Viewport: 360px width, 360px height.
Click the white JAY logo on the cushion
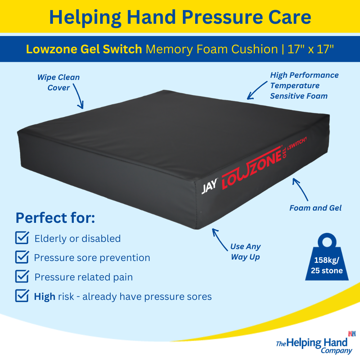(209, 186)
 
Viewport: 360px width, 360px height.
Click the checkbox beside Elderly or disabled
(22, 238)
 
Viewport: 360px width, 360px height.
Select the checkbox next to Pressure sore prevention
(22, 257)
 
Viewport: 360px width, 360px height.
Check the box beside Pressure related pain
(22, 276)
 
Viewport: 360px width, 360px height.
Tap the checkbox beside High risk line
(22, 296)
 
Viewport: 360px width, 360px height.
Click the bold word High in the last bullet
(45, 297)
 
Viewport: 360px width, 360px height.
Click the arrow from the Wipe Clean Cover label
(78, 96)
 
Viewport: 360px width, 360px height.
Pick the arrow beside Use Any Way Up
(219, 239)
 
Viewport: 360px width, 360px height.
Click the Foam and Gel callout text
(315, 208)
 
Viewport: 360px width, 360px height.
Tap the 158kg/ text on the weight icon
(327, 260)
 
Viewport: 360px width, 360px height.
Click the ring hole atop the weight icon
(327, 242)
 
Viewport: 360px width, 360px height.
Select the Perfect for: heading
(55, 218)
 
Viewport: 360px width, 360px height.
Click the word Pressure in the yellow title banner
(222, 17)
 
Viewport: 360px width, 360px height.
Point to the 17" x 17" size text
(310, 49)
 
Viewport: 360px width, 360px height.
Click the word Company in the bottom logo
(336, 351)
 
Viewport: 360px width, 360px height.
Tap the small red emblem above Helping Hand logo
(352, 334)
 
